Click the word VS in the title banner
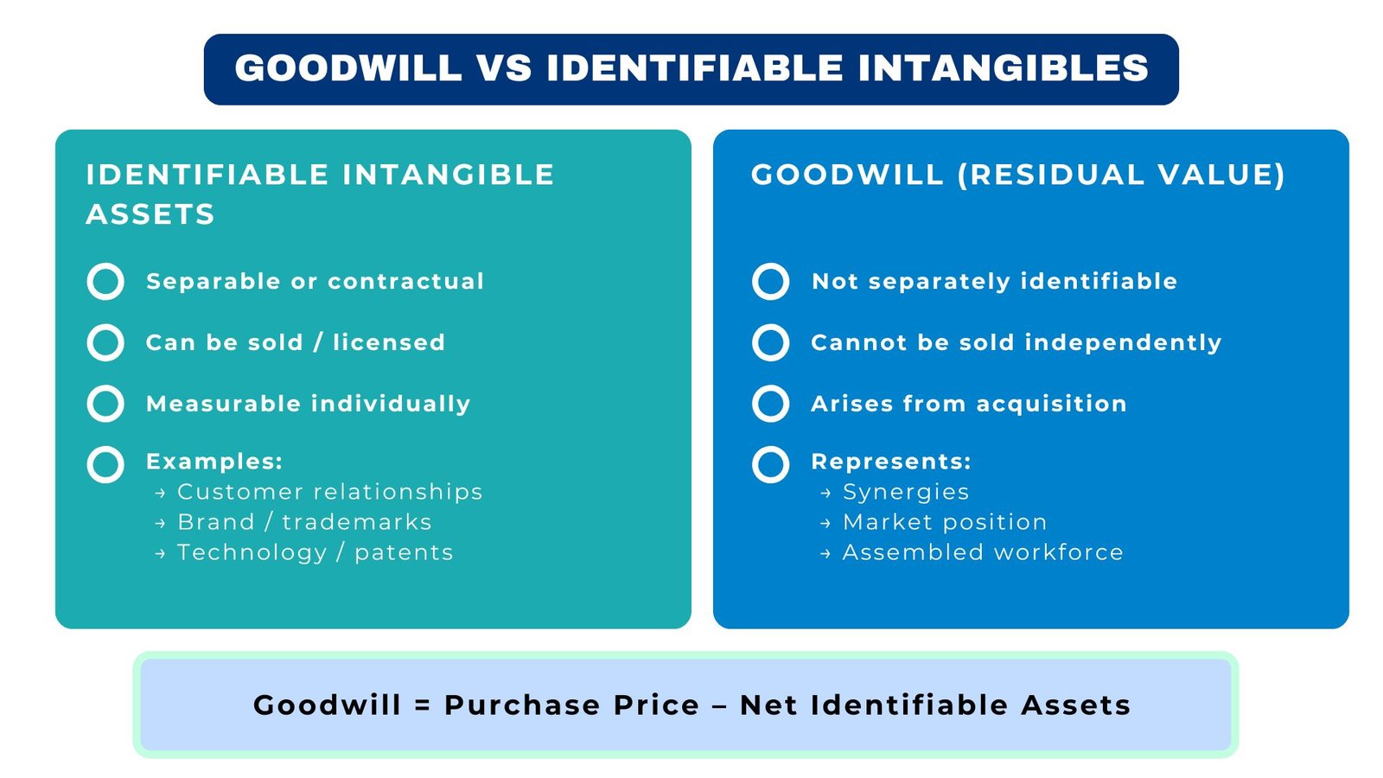[x=503, y=68]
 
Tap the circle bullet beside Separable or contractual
[x=105, y=282]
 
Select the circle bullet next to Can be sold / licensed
[x=105, y=342]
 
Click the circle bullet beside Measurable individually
[x=105, y=404]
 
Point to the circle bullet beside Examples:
[x=105, y=465]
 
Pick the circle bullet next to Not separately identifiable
[x=770, y=282]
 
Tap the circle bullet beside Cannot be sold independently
[x=770, y=342]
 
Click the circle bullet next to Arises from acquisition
[x=770, y=404]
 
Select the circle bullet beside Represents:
[x=770, y=465]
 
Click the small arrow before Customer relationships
[x=160, y=494]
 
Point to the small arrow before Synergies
[x=825, y=494]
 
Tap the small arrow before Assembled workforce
[x=825, y=554]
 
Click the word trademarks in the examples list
[x=356, y=522]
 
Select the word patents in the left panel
[x=404, y=553]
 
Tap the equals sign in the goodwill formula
[x=423, y=706]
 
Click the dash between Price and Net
[x=719, y=706]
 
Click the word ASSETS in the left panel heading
[x=150, y=214]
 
